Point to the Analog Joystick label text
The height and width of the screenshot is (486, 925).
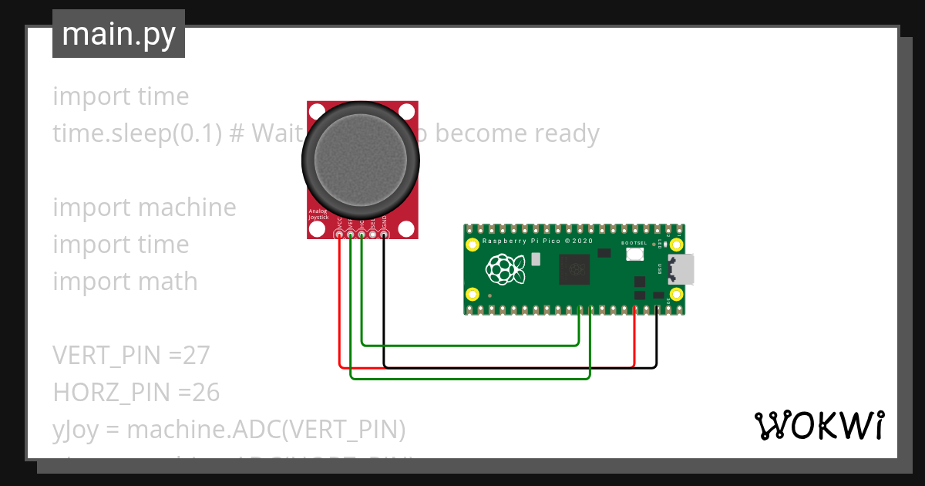pos(318,214)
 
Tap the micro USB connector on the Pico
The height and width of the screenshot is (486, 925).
pos(681,269)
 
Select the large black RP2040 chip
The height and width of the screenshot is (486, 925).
pos(577,270)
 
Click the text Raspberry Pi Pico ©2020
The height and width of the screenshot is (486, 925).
pos(537,241)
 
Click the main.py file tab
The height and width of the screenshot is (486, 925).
pos(119,34)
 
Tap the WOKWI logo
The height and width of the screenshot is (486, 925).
pos(819,425)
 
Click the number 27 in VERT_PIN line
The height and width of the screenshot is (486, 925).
pos(197,356)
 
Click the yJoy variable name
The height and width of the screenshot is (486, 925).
pos(71,430)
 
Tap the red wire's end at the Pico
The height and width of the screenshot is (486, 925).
pos(634,309)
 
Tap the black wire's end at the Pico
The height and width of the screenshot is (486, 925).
pos(657,309)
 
